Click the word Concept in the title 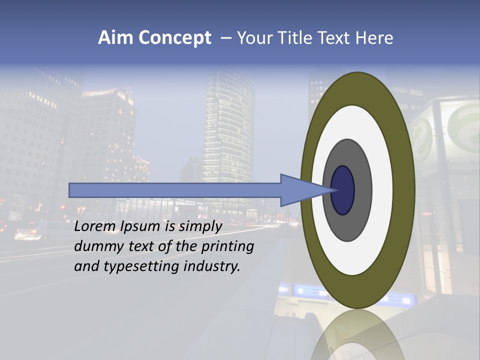pos(174,38)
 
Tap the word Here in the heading pos(375,38)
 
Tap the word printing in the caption pos(228,246)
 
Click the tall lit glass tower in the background pos(228,125)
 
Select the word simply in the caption pos(200,226)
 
